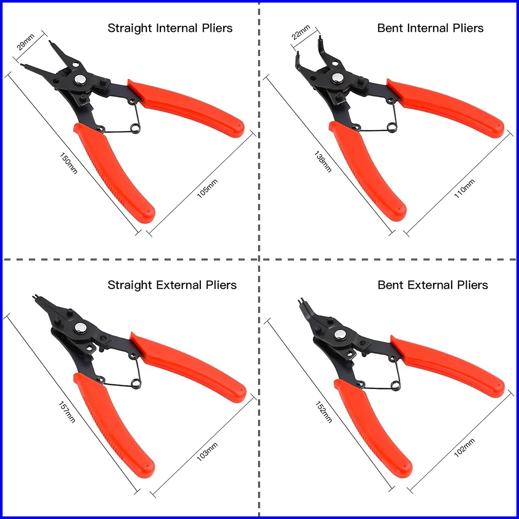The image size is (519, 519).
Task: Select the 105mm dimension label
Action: pyautogui.click(x=208, y=188)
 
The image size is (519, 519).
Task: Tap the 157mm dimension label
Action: pyautogui.click(x=67, y=411)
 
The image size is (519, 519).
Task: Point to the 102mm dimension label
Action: pyautogui.click(x=465, y=448)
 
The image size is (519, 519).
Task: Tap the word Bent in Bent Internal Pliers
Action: pyautogui.click(x=391, y=28)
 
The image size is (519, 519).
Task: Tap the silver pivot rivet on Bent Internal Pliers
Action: pyautogui.click(x=338, y=78)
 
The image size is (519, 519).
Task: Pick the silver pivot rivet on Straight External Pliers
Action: pyautogui.click(x=81, y=328)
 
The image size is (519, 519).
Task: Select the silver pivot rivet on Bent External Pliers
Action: pyautogui.click(x=340, y=335)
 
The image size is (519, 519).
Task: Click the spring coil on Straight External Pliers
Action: pyautogui.click(x=136, y=382)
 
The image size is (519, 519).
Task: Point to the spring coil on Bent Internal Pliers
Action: pyautogui.click(x=393, y=126)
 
